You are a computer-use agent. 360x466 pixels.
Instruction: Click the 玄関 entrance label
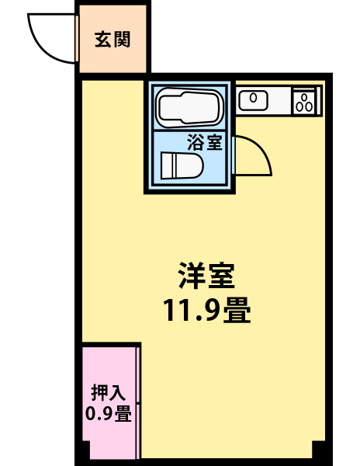tap(112, 40)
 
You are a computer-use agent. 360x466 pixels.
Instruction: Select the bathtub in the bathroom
tap(189, 107)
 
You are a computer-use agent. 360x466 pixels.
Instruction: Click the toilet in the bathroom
tap(182, 165)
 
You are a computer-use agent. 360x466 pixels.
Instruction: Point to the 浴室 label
tap(205, 142)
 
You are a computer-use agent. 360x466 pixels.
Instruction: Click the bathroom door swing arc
tap(262, 149)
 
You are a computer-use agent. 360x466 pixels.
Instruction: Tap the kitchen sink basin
tap(254, 100)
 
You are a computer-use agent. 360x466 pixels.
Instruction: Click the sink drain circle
tap(253, 98)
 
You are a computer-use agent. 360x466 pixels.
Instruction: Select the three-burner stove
tap(305, 101)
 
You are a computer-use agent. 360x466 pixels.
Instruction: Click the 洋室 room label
tap(206, 276)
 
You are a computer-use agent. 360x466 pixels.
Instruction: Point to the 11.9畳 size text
tap(207, 310)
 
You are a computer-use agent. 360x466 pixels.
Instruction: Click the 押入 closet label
tap(109, 392)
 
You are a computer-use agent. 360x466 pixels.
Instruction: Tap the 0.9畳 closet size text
tap(109, 413)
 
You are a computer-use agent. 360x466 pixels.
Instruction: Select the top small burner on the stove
tap(304, 97)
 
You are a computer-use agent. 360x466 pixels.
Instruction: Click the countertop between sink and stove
tap(280, 101)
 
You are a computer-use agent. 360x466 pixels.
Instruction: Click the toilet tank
tap(166, 165)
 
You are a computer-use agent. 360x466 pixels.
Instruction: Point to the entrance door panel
tap(77, 38)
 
